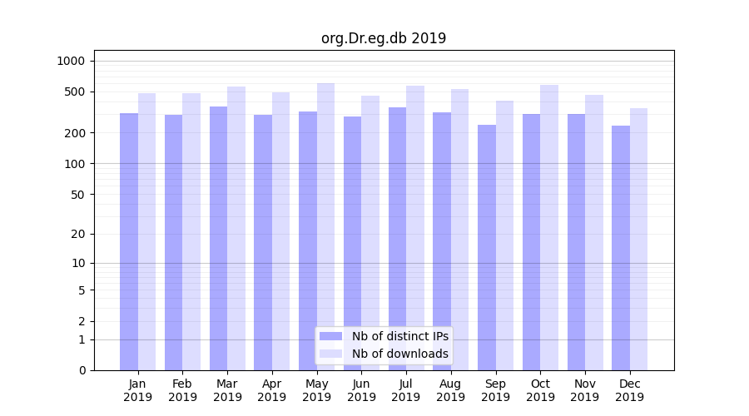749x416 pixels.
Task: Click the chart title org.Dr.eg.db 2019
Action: click(384, 38)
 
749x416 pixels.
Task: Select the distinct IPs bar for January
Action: click(129, 241)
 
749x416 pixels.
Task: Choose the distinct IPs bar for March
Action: click(218, 238)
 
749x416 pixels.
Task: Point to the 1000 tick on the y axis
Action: click(71, 61)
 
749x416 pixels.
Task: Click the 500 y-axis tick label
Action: click(75, 92)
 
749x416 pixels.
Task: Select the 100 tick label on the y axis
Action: click(75, 164)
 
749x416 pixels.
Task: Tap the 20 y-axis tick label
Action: click(78, 234)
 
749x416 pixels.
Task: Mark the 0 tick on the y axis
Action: click(82, 370)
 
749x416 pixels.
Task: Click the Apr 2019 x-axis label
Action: click(272, 390)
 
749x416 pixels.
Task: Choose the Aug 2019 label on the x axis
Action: click(451, 390)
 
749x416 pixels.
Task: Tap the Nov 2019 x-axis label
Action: click(585, 390)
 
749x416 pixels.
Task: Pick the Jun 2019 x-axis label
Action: click(361, 390)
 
